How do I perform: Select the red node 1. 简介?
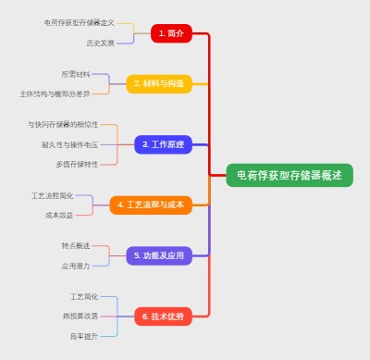171,33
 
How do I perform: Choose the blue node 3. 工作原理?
164,144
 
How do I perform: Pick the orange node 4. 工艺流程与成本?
151,205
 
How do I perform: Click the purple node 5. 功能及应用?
159,255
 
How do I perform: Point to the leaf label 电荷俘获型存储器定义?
80,22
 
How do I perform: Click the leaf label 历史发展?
100,43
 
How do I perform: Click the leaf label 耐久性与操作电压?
69,144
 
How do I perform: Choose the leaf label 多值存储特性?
77,164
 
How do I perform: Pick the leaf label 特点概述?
76,245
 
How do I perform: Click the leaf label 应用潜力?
76,266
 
